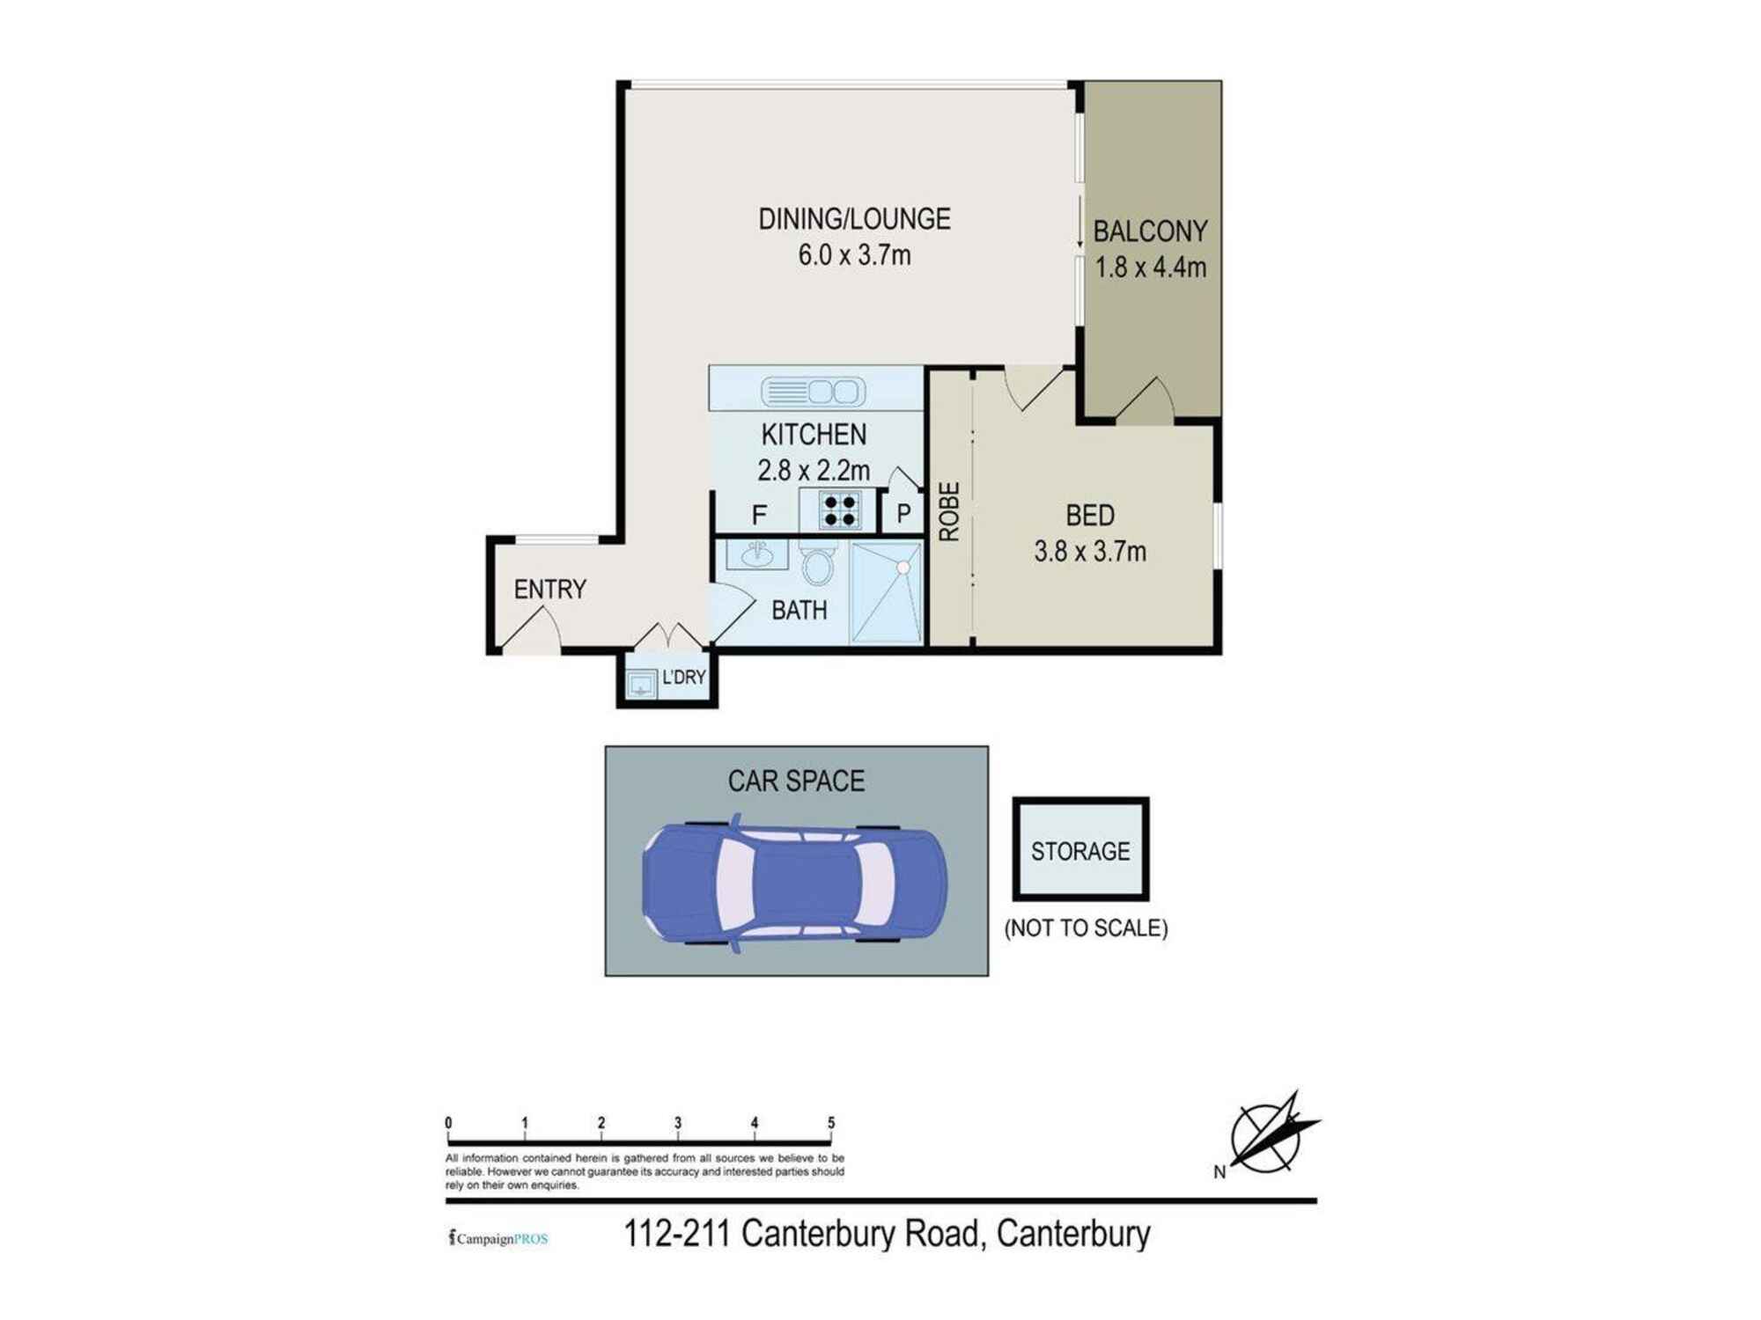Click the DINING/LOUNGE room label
point(854,219)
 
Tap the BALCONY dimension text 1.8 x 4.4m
point(1150,268)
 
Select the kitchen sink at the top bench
point(813,391)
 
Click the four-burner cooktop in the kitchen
point(838,510)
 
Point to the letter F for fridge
point(759,515)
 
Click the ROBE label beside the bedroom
point(949,511)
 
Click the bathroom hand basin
point(756,554)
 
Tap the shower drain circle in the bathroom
point(903,568)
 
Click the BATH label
point(799,610)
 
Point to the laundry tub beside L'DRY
point(640,683)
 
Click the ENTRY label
point(549,589)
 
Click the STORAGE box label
point(1080,851)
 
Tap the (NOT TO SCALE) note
point(1086,928)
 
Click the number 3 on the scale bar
point(678,1123)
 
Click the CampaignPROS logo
point(498,1238)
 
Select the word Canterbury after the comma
point(1073,1234)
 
